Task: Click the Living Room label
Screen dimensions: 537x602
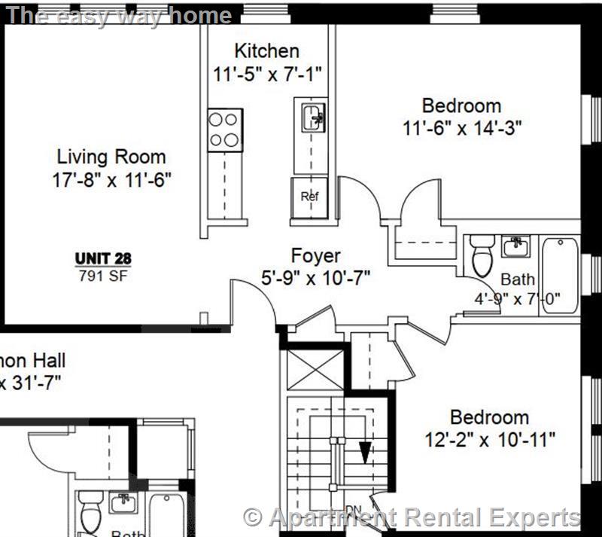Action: click(x=111, y=157)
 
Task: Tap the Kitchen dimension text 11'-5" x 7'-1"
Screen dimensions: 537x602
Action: click(x=266, y=74)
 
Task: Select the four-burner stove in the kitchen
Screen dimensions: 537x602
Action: click(x=225, y=129)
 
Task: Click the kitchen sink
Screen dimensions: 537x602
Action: click(x=312, y=118)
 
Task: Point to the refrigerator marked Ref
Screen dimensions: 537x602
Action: click(x=310, y=197)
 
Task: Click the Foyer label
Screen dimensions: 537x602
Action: click(x=315, y=255)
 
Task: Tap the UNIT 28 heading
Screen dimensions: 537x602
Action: click(x=103, y=258)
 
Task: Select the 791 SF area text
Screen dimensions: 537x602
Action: click(x=103, y=275)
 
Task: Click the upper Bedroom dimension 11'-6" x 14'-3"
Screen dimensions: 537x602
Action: click(x=462, y=127)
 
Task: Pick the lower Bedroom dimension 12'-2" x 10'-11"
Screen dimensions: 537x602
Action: click(x=491, y=439)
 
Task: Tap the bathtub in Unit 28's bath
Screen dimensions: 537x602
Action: click(x=559, y=273)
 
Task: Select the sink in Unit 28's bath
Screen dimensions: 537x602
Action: click(x=515, y=246)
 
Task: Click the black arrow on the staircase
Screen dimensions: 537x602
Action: click(x=365, y=452)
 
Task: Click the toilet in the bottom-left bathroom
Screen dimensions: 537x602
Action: click(x=91, y=511)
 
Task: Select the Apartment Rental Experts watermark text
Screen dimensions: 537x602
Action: click(x=413, y=518)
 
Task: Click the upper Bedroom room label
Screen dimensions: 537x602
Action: click(x=461, y=105)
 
